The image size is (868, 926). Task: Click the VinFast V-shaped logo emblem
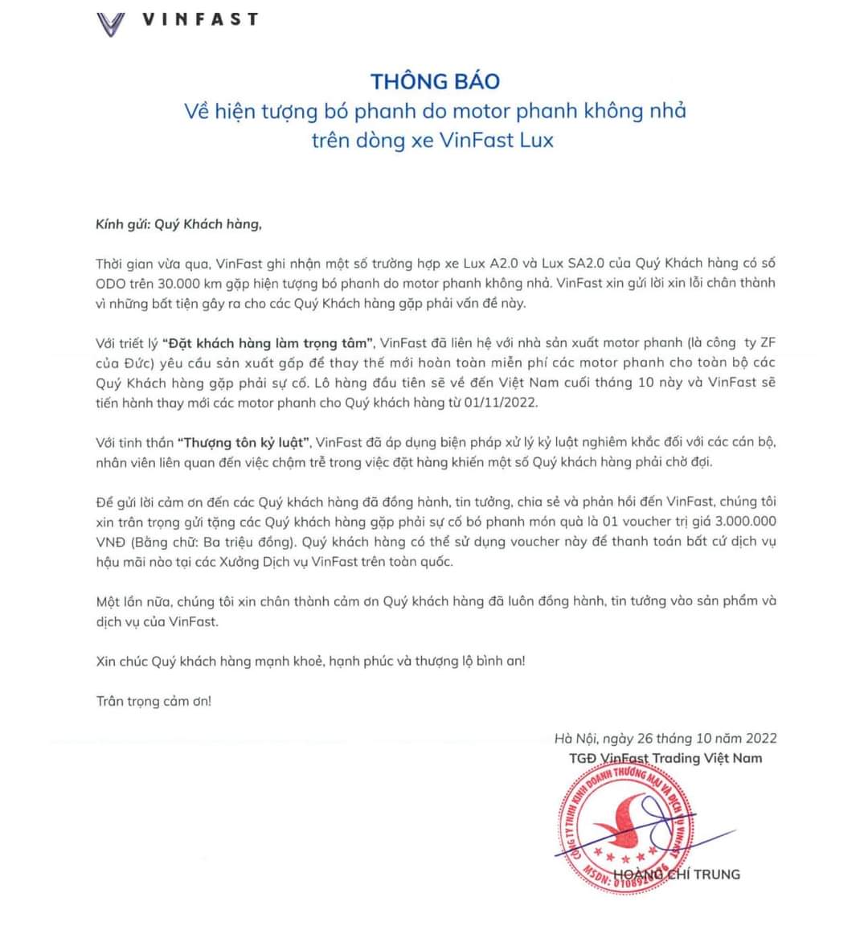pyautogui.click(x=111, y=24)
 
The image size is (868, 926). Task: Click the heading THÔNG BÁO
pyautogui.click(x=435, y=81)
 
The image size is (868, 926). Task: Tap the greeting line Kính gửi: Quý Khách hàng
pyautogui.click(x=178, y=224)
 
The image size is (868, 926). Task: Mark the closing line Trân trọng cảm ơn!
pyautogui.click(x=154, y=701)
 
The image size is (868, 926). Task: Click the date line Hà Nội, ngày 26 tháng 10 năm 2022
pyautogui.click(x=665, y=738)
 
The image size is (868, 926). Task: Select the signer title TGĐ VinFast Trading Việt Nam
pyautogui.click(x=665, y=758)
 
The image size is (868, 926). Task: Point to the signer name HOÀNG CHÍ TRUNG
pyautogui.click(x=676, y=875)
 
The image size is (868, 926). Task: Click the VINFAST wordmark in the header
pyautogui.click(x=200, y=20)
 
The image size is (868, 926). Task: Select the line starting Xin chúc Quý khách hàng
pyautogui.click(x=310, y=662)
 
